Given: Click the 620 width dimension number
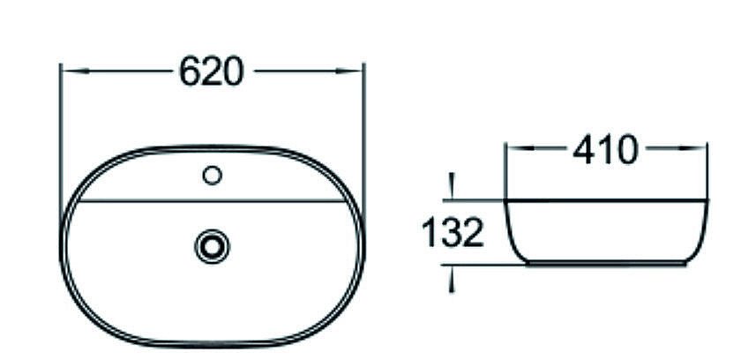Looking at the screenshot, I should (x=211, y=71).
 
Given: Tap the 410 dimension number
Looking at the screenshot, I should (x=604, y=151).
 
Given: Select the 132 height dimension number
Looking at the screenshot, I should (x=452, y=233).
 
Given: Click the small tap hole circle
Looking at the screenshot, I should (x=212, y=176).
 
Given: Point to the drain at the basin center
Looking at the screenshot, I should (x=212, y=244).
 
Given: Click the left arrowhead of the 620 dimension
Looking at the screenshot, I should (x=66, y=71).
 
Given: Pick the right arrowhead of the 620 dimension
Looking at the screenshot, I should (x=357, y=71).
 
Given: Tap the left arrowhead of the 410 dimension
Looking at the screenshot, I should (x=511, y=151).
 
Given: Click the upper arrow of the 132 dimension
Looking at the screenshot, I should (x=452, y=190).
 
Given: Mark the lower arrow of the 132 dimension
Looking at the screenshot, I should (x=452, y=274).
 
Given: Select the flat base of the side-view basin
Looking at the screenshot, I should (x=606, y=263).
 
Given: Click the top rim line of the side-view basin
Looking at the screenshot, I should (x=606, y=199).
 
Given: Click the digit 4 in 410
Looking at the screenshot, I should (x=583, y=151).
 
